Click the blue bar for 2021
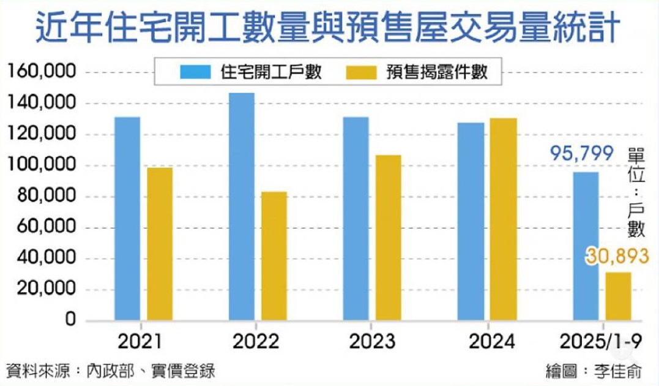127,219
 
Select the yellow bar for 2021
160,244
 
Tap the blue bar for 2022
242,206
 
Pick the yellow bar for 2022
274,256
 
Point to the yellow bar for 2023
389,238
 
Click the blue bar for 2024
471,221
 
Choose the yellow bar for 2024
504,219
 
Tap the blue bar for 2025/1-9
586,246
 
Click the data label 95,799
581,153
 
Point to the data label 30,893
616,256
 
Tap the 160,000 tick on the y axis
42,72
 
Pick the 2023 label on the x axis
372,341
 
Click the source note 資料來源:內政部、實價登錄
111,371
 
